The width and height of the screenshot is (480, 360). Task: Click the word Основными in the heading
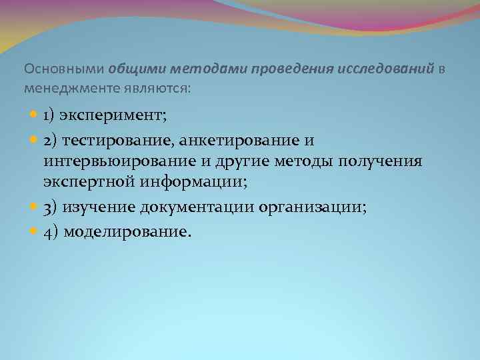click(x=64, y=69)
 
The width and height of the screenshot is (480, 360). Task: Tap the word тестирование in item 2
click(x=113, y=141)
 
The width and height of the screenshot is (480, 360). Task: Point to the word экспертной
click(x=89, y=181)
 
